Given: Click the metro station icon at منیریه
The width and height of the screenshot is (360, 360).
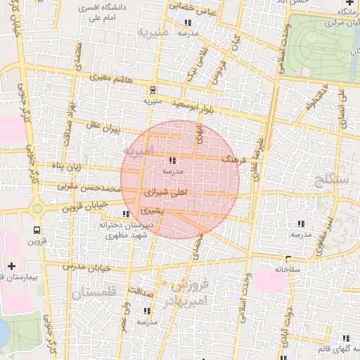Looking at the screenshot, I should [x=152, y=89].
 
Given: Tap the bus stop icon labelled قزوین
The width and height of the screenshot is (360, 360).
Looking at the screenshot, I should [x=37, y=229].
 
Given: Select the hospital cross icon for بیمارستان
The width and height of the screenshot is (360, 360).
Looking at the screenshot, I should [x=11, y=265].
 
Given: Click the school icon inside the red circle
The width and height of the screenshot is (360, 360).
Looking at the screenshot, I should [x=173, y=160].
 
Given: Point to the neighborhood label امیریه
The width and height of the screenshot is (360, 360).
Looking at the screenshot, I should [x=137, y=150].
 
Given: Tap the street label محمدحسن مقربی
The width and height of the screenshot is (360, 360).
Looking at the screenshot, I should [x=90, y=188].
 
